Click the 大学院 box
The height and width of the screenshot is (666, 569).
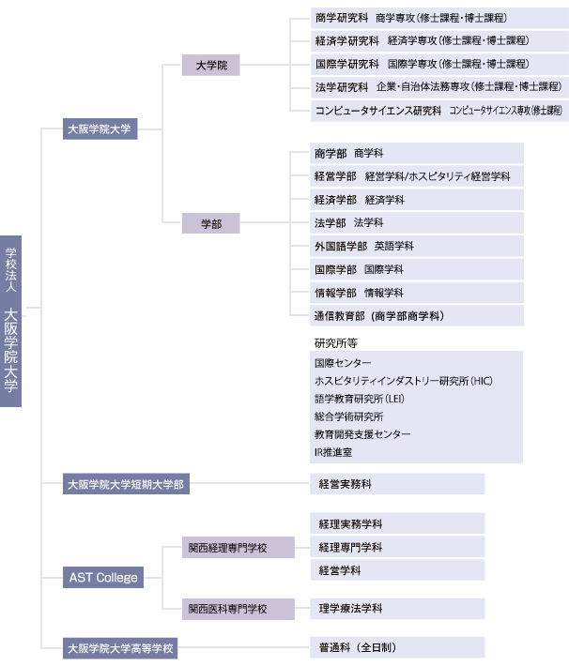(x=211, y=65)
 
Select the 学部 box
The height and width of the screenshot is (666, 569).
(x=211, y=223)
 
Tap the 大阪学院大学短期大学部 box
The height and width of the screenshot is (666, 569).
(x=127, y=484)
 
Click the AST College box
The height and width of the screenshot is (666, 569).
(x=103, y=577)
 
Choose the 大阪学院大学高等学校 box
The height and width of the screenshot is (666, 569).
(x=120, y=648)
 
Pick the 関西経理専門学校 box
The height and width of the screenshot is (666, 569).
(x=238, y=548)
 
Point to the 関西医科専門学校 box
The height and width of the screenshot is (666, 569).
(x=238, y=609)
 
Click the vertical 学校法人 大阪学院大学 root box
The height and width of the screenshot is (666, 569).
(x=10, y=321)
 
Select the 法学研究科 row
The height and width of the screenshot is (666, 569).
(x=439, y=87)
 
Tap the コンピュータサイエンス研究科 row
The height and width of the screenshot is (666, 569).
(x=439, y=111)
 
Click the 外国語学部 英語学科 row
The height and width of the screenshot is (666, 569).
(x=417, y=247)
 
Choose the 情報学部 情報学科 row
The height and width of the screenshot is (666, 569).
(x=417, y=293)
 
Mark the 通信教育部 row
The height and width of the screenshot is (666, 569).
(x=417, y=316)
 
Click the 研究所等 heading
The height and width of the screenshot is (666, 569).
(x=336, y=342)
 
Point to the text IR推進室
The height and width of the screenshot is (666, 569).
(x=333, y=452)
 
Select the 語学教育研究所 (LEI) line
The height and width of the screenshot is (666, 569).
(x=360, y=399)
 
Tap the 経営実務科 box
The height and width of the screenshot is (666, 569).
(x=397, y=484)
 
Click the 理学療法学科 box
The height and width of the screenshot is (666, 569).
(x=397, y=609)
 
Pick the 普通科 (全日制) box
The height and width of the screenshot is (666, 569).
(x=397, y=647)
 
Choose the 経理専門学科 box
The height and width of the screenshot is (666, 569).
(x=397, y=547)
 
